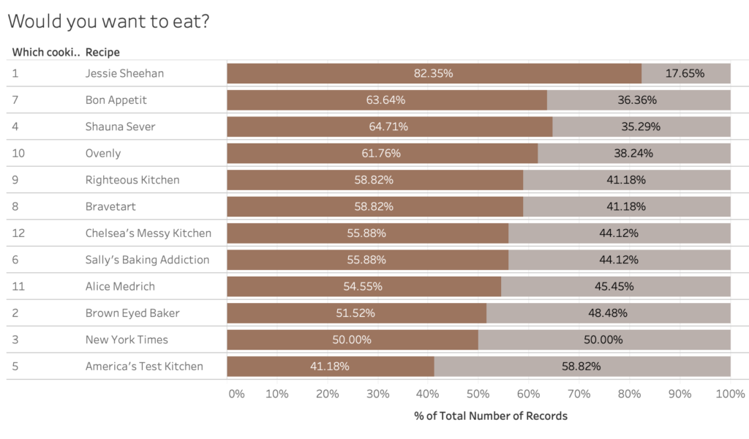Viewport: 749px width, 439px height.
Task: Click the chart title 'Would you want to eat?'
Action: pyautogui.click(x=109, y=21)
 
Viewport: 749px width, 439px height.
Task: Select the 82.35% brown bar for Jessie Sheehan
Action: pyautogui.click(x=434, y=73)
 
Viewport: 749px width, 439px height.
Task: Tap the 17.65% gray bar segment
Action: pyautogui.click(x=685, y=73)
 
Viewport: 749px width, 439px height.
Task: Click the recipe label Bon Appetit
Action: pyautogui.click(x=116, y=100)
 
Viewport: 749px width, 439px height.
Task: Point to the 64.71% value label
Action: pyautogui.click(x=388, y=127)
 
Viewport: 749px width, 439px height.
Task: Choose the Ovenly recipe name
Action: pyautogui.click(x=103, y=154)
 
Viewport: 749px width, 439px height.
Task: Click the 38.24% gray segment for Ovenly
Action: pyautogui.click(x=633, y=154)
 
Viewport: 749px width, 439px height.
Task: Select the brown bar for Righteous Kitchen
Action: pyautogui.click(x=374, y=180)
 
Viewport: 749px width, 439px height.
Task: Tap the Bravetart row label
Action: pyautogui.click(x=110, y=206)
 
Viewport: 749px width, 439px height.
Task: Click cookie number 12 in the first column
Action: pyautogui.click(x=18, y=233)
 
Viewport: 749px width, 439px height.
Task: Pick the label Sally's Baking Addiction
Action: pyautogui.click(x=147, y=260)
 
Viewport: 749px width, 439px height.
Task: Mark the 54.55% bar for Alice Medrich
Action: pyautogui.click(x=364, y=286)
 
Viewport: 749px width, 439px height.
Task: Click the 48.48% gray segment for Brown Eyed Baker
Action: pyautogui.click(x=608, y=313)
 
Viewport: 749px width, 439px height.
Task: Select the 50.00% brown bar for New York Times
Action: pyautogui.click(x=352, y=339)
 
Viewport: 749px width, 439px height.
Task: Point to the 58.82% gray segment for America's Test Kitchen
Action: pyautogui.click(x=581, y=366)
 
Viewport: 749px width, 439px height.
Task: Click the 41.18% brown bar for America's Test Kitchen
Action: pyautogui.click(x=330, y=366)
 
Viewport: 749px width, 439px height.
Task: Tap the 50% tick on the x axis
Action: pyautogui.click(x=478, y=394)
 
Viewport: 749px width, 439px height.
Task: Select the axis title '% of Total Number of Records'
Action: pyautogui.click(x=490, y=416)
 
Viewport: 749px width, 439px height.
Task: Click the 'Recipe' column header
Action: pyautogui.click(x=102, y=52)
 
